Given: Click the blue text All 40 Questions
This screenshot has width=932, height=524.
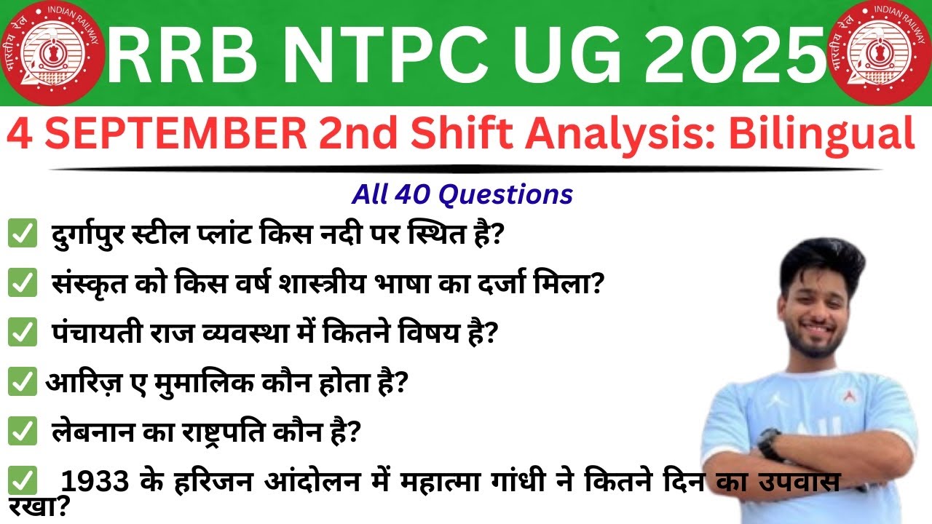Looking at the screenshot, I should tap(462, 194).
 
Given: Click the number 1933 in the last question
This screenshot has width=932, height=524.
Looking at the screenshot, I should tap(96, 480).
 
